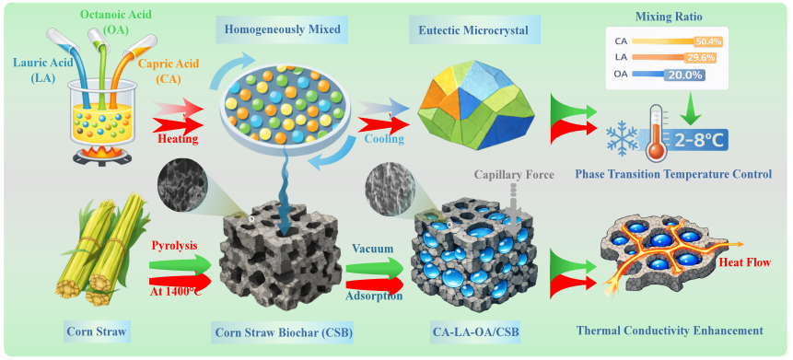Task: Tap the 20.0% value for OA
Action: click(x=682, y=75)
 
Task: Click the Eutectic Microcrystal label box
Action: click(x=473, y=30)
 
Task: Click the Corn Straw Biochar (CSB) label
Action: click(x=284, y=332)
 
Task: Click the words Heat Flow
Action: click(x=744, y=261)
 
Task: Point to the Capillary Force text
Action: click(x=514, y=175)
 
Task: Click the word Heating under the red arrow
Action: click(x=178, y=138)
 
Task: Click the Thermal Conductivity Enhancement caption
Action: click(x=669, y=331)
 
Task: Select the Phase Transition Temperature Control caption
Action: click(x=672, y=174)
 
